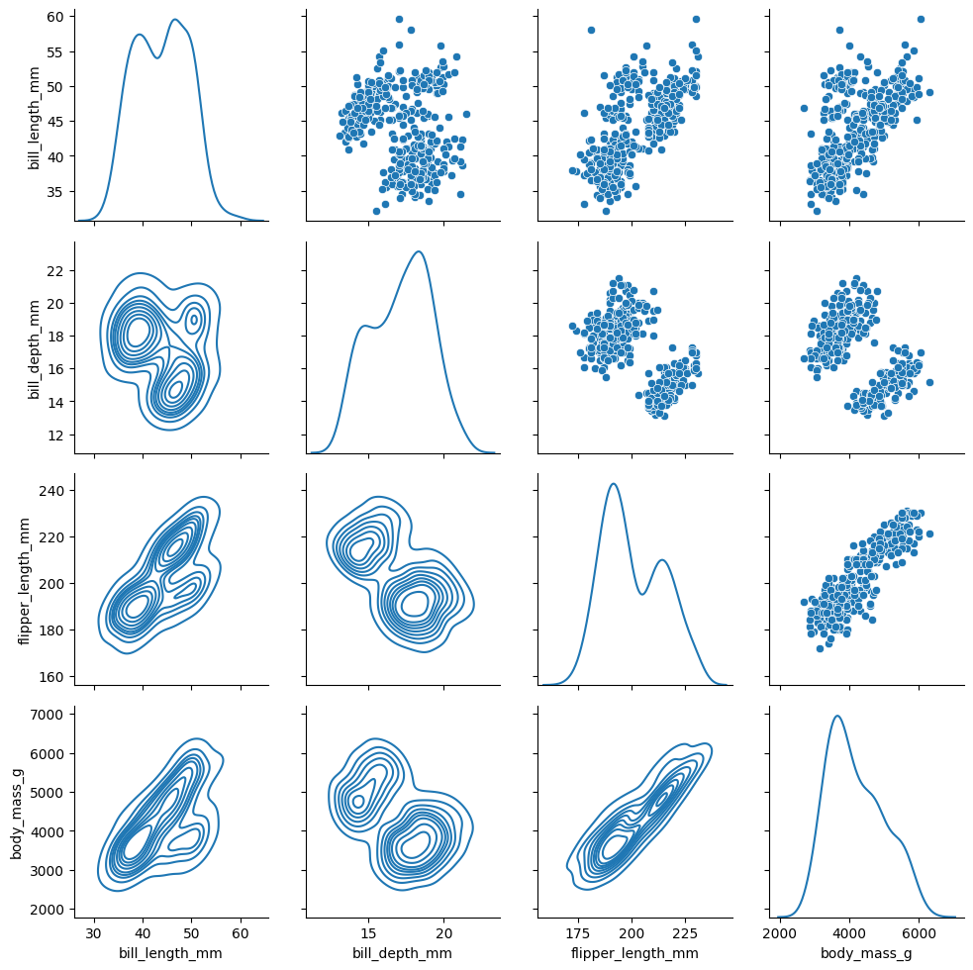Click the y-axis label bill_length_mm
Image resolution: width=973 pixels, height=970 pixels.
(34, 115)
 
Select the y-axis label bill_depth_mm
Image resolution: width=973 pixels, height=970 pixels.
(34, 347)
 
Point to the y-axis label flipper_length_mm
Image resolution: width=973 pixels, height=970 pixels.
(25, 580)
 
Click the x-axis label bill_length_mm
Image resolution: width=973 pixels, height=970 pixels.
(171, 953)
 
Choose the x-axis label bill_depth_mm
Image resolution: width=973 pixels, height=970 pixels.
(403, 953)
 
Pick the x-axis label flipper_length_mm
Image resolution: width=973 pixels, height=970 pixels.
(634, 953)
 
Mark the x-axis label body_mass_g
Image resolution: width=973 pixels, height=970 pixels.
(866, 953)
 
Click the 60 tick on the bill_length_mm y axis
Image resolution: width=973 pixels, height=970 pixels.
(56, 17)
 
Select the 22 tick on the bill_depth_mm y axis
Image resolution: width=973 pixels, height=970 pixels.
(56, 270)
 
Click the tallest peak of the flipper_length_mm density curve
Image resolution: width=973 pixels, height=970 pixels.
(614, 484)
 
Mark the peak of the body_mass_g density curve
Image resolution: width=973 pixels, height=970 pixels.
(837, 716)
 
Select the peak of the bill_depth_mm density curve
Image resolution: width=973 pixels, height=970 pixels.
(420, 251)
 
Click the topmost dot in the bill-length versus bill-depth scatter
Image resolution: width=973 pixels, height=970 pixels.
(399, 19)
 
